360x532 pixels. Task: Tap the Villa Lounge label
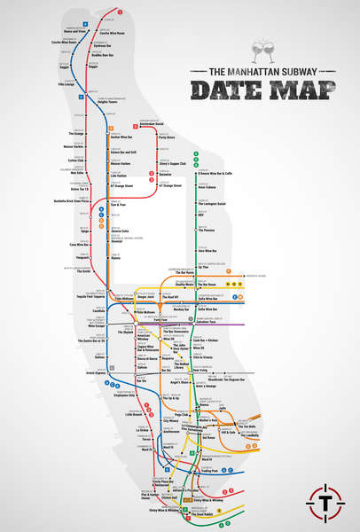(67, 84)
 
